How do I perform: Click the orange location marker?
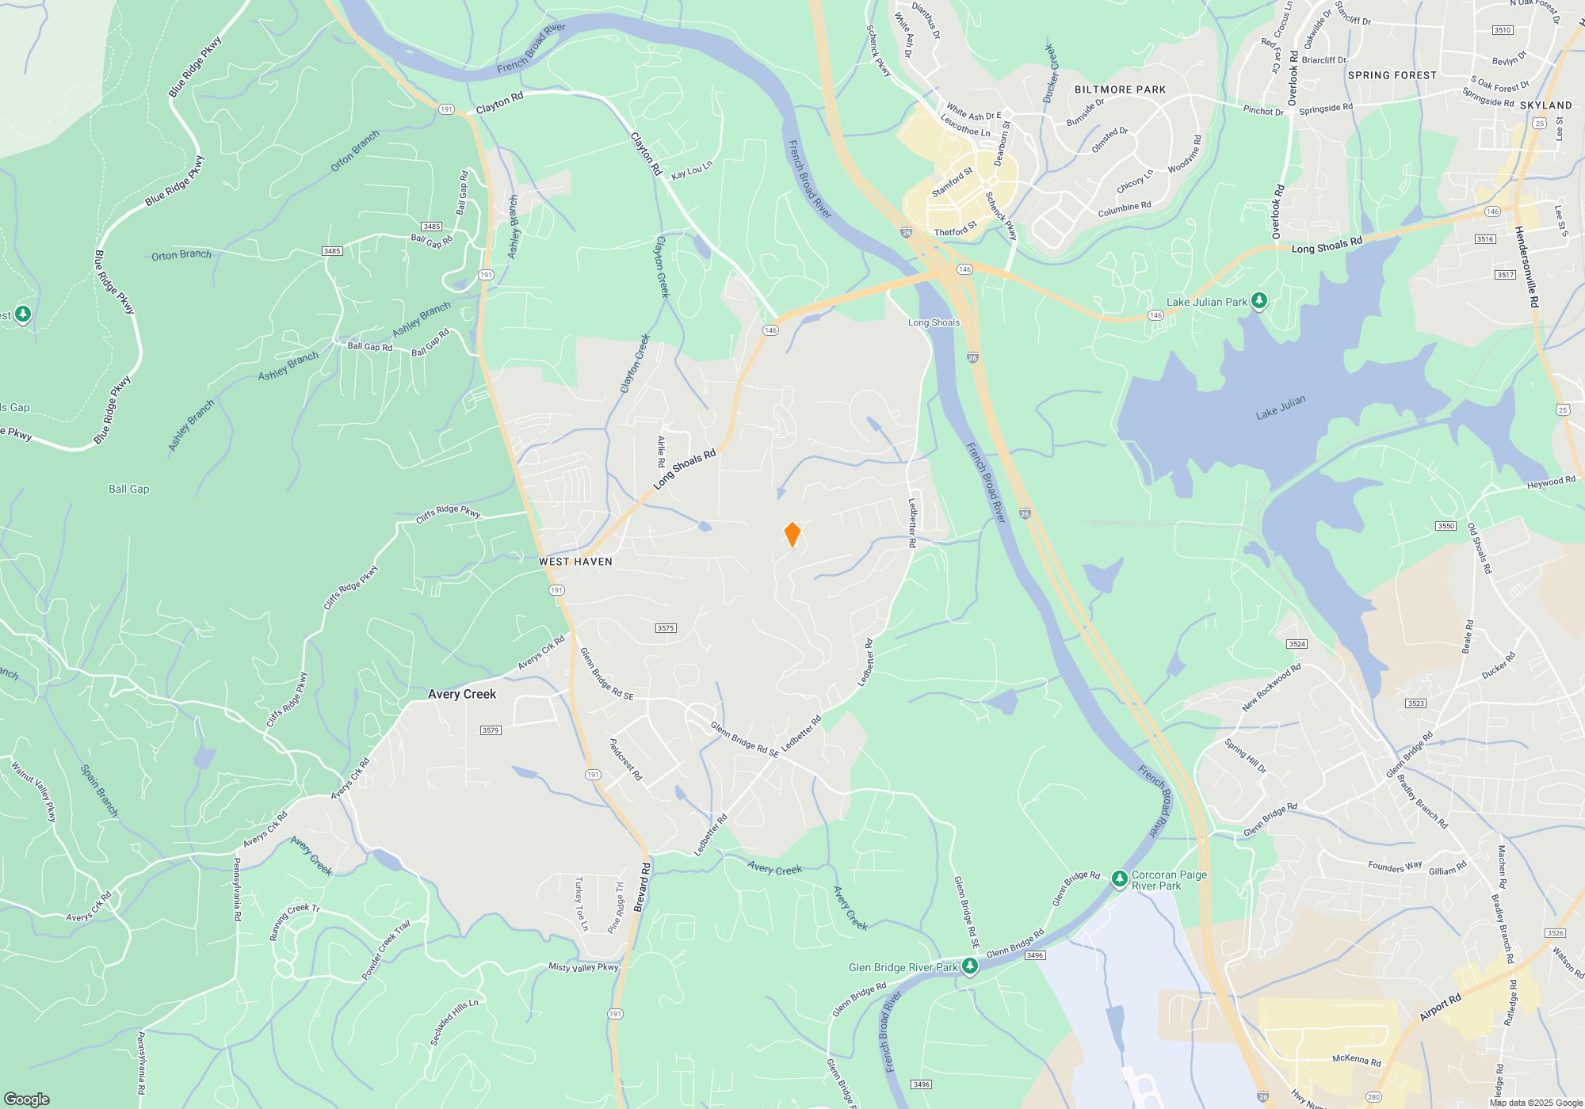[792, 534]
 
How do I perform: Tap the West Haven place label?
[575, 562]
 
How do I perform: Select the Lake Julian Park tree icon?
[1258, 301]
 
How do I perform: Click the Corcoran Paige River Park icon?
[1119, 878]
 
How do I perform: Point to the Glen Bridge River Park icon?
[969, 966]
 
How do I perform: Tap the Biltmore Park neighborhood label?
[1120, 90]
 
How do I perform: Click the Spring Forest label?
[1392, 75]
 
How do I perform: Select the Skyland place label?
[1545, 105]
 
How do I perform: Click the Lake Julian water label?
[1280, 407]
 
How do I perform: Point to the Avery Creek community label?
[462, 694]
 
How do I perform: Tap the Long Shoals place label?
[934, 322]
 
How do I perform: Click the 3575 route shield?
[666, 628]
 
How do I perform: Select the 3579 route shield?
[491, 730]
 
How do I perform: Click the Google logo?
[27, 1099]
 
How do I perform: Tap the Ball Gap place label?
[128, 489]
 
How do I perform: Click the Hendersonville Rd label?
[1526, 267]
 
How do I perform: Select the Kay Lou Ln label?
[692, 170]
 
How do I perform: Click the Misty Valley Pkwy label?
[583, 967]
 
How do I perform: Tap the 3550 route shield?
[1446, 526]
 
